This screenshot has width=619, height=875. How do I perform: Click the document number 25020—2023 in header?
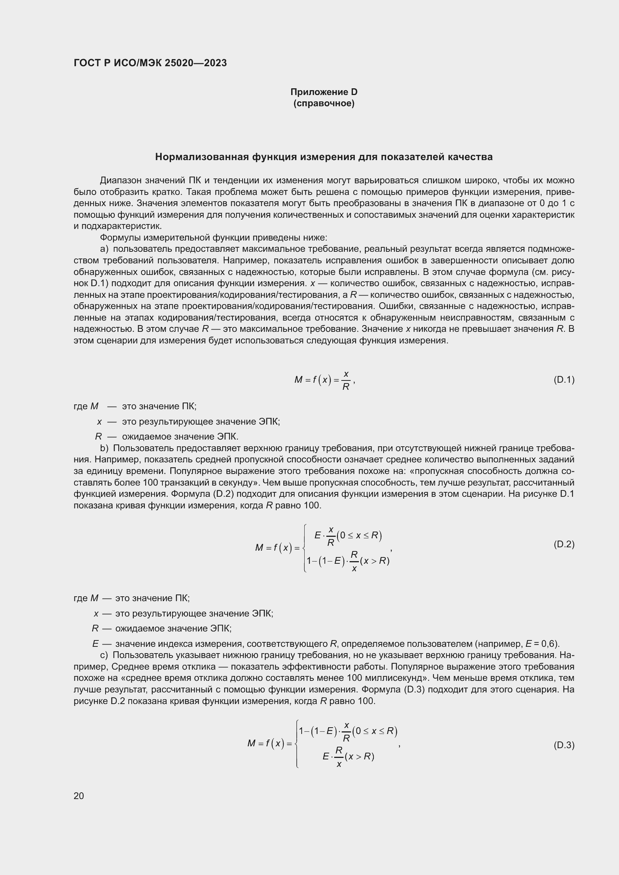pyautogui.click(x=195, y=63)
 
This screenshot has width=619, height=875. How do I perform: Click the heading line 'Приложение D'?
pyautogui.click(x=324, y=92)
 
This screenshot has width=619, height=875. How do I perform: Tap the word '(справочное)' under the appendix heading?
pyautogui.click(x=324, y=104)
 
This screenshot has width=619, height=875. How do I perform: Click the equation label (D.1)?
pyautogui.click(x=564, y=380)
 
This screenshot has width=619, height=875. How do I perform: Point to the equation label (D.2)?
pyautogui.click(x=564, y=544)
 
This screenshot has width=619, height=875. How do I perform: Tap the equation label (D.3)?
pyautogui.click(x=564, y=745)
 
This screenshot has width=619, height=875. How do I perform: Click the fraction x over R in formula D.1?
pyautogui.click(x=346, y=380)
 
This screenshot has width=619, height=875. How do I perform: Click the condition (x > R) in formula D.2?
pyautogui.click(x=375, y=561)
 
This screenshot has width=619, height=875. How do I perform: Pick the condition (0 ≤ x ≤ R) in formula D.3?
pyautogui.click(x=375, y=731)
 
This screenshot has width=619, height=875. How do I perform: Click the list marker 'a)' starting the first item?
pyautogui.click(x=104, y=249)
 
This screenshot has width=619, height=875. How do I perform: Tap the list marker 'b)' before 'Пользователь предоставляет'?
pyautogui.click(x=104, y=448)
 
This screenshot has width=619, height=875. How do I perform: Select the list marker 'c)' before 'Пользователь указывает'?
pyautogui.click(x=104, y=655)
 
